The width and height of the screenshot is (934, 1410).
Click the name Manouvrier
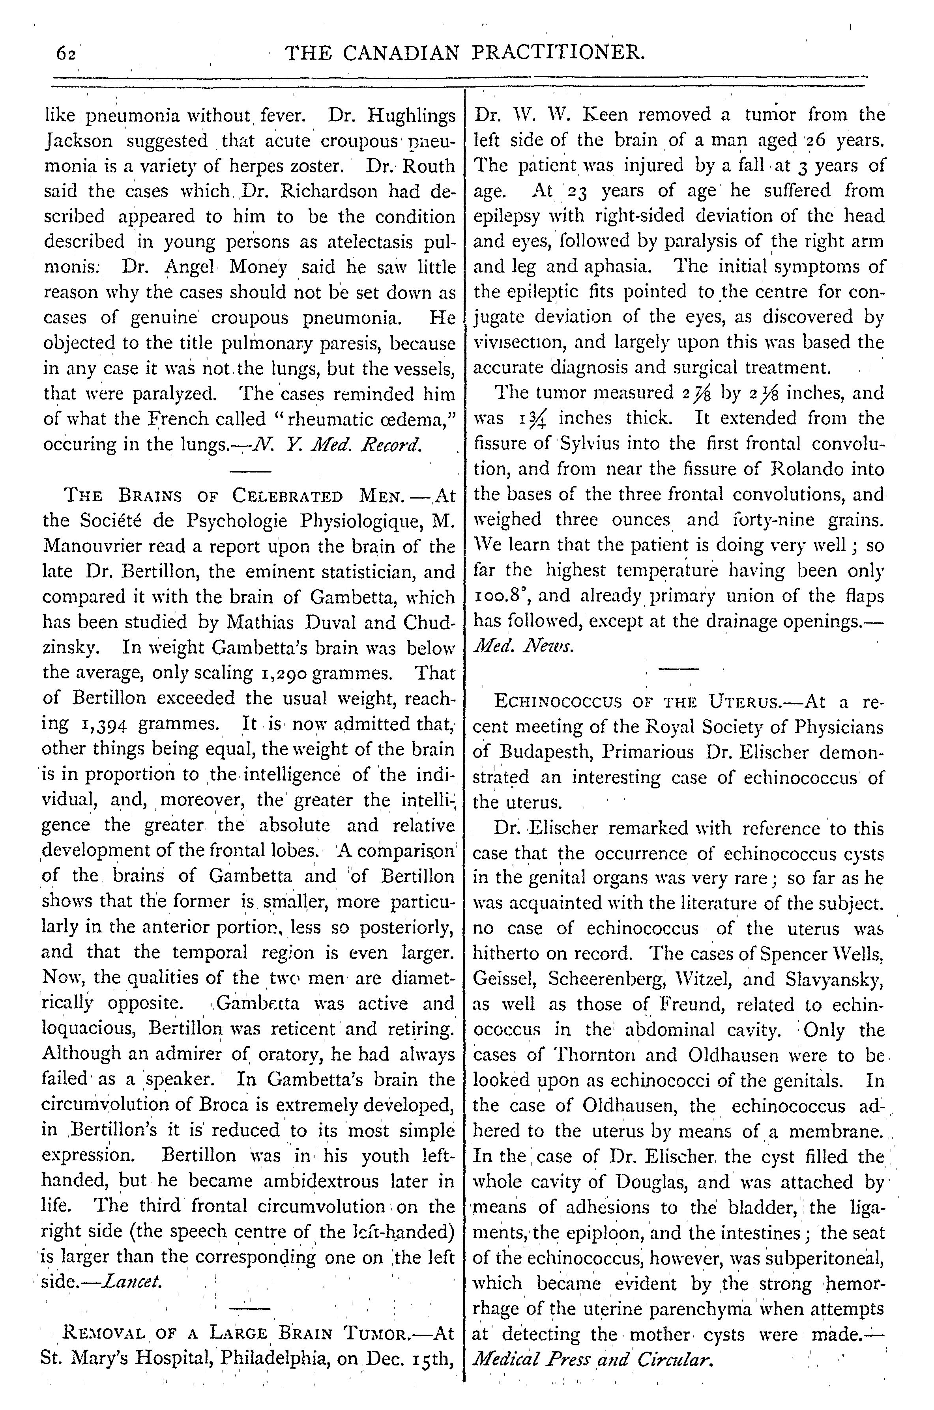pyautogui.click(x=89, y=546)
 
